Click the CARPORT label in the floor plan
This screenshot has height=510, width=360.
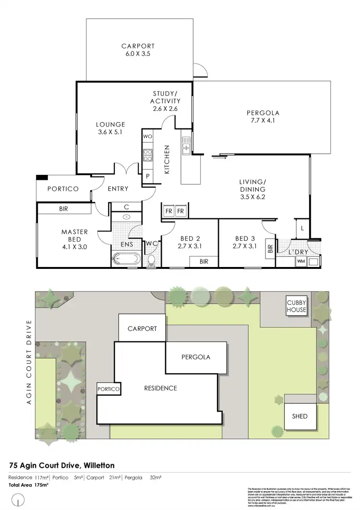tap(138, 46)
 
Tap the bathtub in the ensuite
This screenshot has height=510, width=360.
tap(126, 260)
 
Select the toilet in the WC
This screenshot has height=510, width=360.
tap(152, 261)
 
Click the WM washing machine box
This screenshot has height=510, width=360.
tap(301, 261)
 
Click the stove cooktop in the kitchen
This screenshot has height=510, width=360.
tap(147, 155)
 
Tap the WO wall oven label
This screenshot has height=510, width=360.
tap(147, 136)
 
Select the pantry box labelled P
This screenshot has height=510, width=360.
tap(147, 176)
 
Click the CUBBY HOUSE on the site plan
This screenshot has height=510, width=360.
tap(296, 306)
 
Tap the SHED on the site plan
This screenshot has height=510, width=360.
tap(300, 416)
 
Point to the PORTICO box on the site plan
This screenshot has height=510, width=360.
tap(108, 389)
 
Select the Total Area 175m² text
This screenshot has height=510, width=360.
tap(29, 485)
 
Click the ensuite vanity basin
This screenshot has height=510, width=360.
tap(126, 217)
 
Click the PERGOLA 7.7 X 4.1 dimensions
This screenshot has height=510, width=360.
tap(263, 121)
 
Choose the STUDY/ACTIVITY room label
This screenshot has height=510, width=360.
tap(166, 101)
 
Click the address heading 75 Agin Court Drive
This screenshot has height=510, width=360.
tap(62, 465)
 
